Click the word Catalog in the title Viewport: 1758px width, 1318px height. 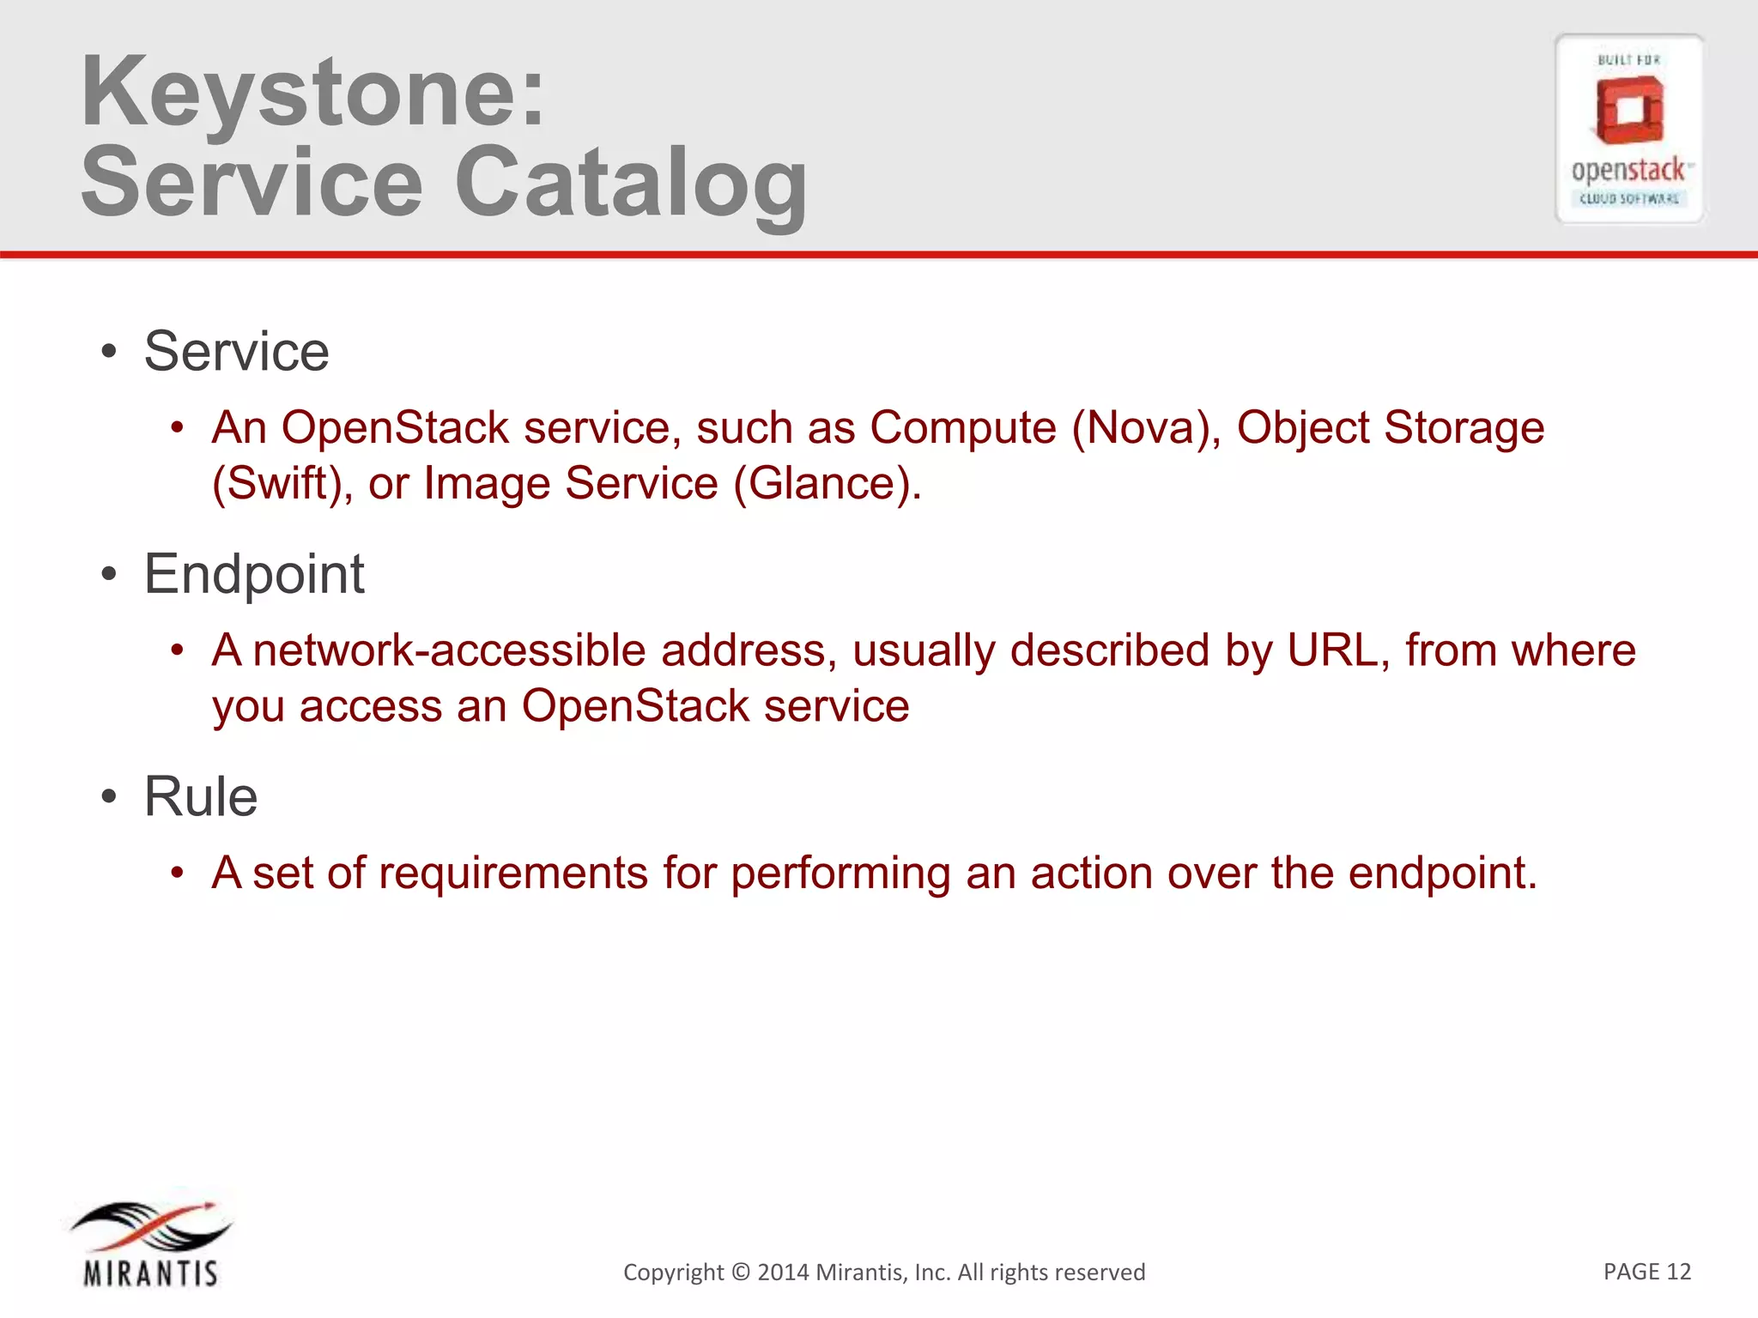tap(631, 183)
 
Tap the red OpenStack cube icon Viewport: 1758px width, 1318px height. tap(1628, 110)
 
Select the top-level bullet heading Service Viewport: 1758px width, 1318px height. tap(236, 352)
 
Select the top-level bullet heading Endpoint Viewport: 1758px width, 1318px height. tap(254, 574)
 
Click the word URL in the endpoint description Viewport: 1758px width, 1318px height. tap(1337, 650)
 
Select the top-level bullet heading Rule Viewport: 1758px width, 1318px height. tap(200, 797)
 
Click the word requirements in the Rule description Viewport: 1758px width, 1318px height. tap(513, 874)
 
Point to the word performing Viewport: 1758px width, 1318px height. tap(840, 874)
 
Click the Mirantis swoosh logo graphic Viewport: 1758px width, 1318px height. tap(151, 1225)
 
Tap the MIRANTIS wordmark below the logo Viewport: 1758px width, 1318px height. tap(151, 1273)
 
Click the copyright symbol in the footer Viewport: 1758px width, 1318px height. tap(740, 1273)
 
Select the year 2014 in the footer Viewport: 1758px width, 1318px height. tap(783, 1273)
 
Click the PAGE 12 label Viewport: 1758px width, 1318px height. tap(1646, 1272)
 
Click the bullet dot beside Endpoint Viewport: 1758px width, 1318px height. tap(108, 575)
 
